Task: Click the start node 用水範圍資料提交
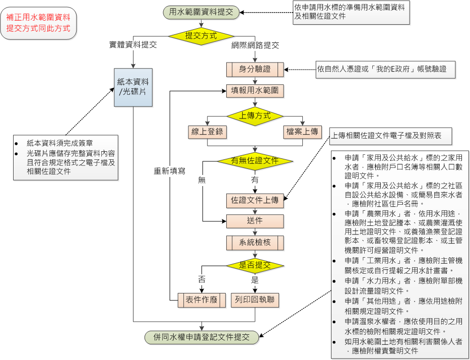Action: pos(201,12)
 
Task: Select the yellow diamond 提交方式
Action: pos(201,36)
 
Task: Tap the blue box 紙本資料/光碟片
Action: pos(133,87)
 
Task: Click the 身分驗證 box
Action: pos(255,70)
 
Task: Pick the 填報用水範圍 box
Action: pos(255,91)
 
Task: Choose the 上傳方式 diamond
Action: pos(255,116)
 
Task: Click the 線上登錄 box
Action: pos(207,132)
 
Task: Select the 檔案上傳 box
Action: pos(302,132)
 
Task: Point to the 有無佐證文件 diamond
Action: pos(255,161)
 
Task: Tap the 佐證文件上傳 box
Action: pos(255,201)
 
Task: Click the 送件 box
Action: pos(255,221)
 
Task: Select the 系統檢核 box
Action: pos(255,243)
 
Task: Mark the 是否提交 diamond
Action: pos(255,266)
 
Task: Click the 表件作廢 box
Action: pos(202,300)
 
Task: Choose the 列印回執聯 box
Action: pos(255,300)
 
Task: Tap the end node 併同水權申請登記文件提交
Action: pos(202,337)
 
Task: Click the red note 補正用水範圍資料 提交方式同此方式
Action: pos(38,23)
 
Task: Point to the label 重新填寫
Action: pos(170,171)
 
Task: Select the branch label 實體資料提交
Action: pos(133,45)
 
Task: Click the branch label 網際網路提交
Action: pos(255,45)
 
